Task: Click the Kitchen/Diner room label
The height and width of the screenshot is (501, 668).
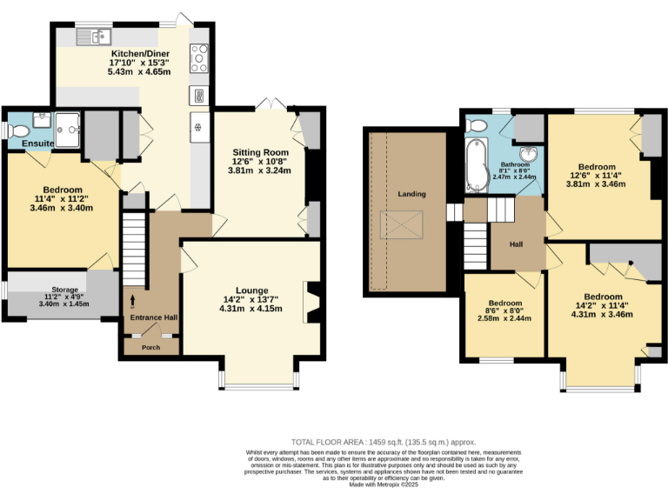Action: pyautogui.click(x=139, y=53)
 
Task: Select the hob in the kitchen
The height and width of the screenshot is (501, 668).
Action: pyautogui.click(x=198, y=58)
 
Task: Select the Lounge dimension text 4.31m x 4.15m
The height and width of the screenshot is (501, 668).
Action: pyautogui.click(x=250, y=309)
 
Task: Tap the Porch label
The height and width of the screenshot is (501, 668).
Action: pyautogui.click(x=151, y=347)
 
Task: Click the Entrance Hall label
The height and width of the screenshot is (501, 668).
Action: pyautogui.click(x=154, y=317)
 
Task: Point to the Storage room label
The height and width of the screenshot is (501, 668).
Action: pyautogui.click(x=64, y=290)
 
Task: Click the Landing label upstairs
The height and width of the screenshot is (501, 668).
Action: pyautogui.click(x=410, y=193)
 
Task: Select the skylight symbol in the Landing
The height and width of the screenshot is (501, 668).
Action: pyautogui.click(x=403, y=224)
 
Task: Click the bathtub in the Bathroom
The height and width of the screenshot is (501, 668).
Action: pyautogui.click(x=475, y=166)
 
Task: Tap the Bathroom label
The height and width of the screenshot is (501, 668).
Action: pyautogui.click(x=515, y=164)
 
